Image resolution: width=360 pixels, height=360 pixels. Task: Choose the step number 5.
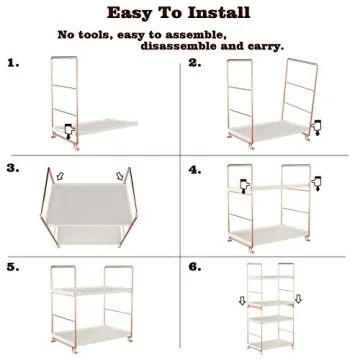tap(13, 268)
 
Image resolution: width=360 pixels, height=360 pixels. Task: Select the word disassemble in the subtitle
tap(190, 45)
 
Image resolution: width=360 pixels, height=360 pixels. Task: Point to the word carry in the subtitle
tap(263, 45)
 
